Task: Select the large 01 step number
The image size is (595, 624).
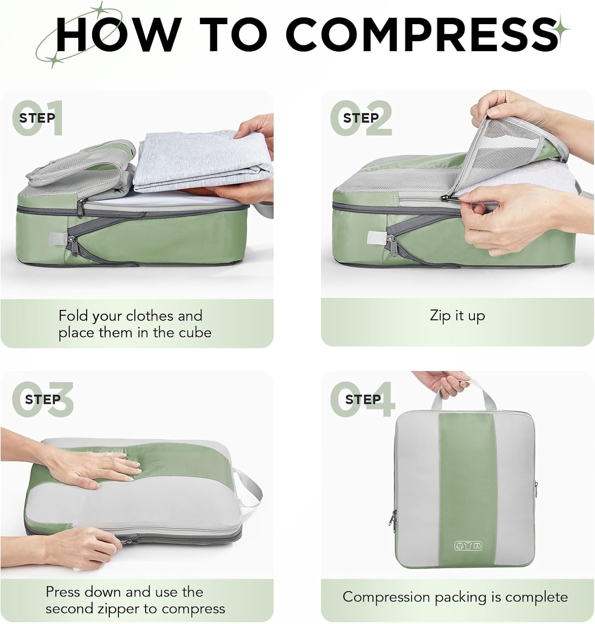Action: (x=37, y=118)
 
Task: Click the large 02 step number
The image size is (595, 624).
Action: (x=361, y=118)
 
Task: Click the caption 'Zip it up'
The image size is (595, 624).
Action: (x=457, y=316)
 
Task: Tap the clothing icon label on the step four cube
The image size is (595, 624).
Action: (x=469, y=546)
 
